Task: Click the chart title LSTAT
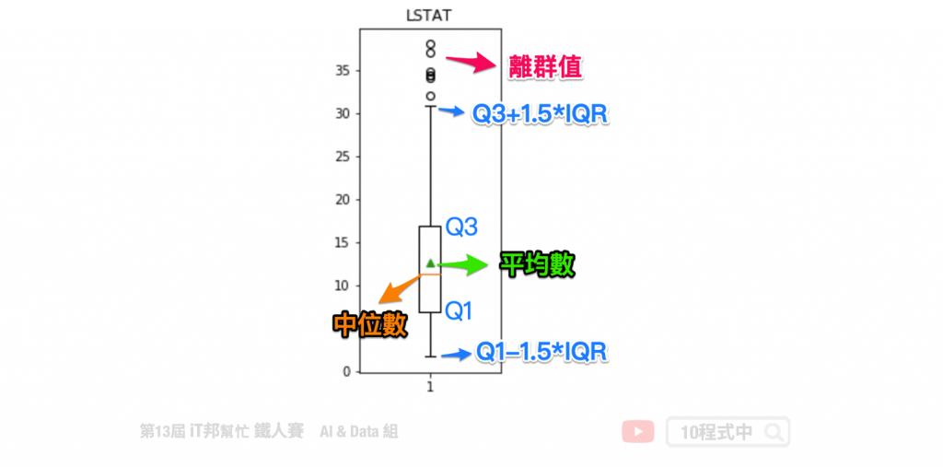tap(430, 15)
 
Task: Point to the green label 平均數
tap(537, 265)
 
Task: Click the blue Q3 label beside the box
tap(461, 227)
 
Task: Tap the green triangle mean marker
tap(430, 263)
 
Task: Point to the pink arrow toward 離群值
tap(471, 62)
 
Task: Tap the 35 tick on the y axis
tap(346, 71)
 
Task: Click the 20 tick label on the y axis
tap(346, 200)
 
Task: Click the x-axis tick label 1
tap(430, 388)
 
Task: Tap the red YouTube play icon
tap(638, 431)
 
